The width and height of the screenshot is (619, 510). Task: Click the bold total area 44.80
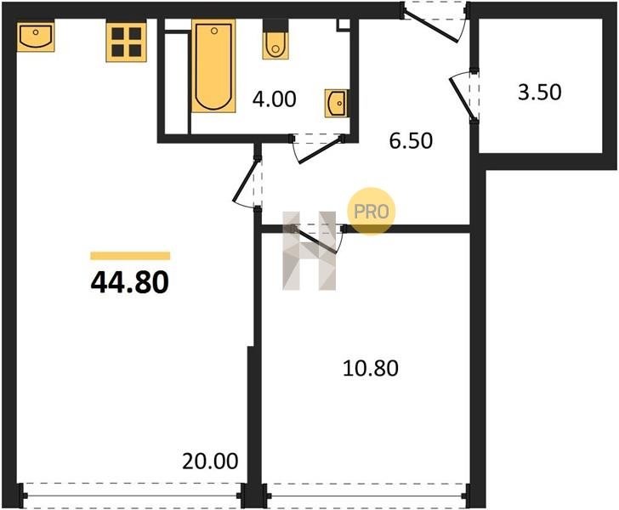(x=130, y=282)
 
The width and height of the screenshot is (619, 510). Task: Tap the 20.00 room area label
(x=210, y=461)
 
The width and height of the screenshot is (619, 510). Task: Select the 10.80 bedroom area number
(x=371, y=368)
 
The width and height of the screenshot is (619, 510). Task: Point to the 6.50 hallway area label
(x=411, y=140)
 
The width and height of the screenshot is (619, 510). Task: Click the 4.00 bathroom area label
(x=275, y=99)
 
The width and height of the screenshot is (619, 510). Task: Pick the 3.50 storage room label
(x=540, y=93)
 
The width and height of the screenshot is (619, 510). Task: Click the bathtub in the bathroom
(x=213, y=66)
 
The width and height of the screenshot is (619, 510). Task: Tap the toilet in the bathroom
(x=275, y=40)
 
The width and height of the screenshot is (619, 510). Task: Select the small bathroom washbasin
(x=337, y=104)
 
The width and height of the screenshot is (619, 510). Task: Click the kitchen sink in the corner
(x=36, y=37)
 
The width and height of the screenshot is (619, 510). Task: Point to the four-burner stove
(x=127, y=42)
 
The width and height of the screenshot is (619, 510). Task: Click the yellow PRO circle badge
(x=371, y=211)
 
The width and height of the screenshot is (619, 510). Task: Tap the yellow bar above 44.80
(x=130, y=256)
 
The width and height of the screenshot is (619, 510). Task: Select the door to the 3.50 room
(x=461, y=96)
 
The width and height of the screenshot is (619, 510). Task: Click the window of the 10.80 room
(x=366, y=496)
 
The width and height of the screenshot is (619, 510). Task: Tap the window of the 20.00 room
(x=133, y=496)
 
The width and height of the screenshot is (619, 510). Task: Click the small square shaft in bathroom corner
(x=344, y=24)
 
